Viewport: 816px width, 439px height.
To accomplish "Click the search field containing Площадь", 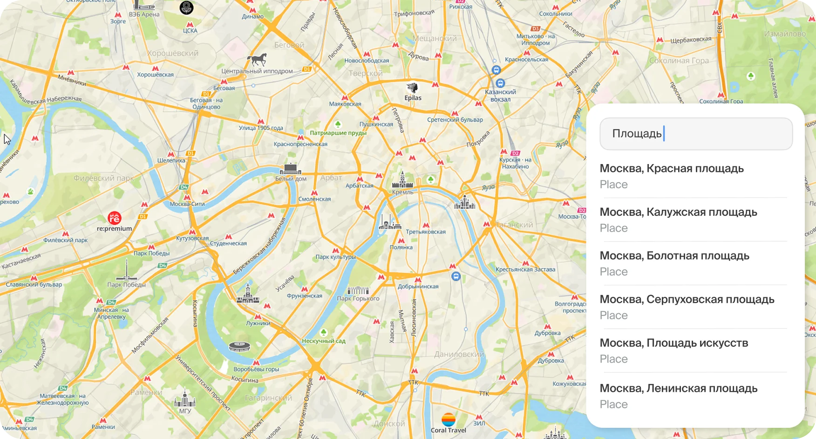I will [696, 134].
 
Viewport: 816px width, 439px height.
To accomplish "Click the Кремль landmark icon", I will [402, 180].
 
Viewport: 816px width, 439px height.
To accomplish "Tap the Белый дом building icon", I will [290, 169].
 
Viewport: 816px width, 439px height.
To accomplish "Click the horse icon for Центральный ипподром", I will [257, 60].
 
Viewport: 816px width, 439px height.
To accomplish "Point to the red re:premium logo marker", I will [115, 218].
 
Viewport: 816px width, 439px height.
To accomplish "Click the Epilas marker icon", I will [412, 88].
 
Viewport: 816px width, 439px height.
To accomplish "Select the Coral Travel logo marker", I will [449, 419].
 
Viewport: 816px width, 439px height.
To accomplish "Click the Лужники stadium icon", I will [239, 347].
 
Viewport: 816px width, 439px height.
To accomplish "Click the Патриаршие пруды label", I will [338, 133].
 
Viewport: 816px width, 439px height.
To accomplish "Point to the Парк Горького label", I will [358, 299].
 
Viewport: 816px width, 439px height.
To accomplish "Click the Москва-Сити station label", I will [187, 204].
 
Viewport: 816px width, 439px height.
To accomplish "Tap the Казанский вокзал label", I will [501, 96].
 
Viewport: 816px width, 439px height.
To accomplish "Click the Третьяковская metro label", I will [426, 232].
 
